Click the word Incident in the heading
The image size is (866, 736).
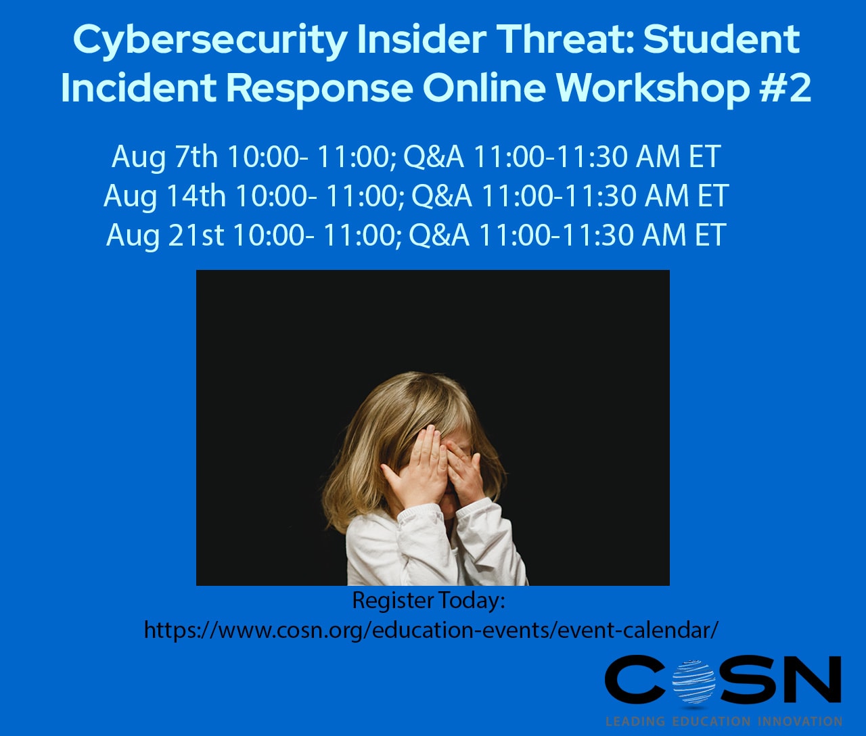tap(138, 88)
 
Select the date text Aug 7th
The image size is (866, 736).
tap(164, 157)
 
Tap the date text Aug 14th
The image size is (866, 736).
tap(164, 196)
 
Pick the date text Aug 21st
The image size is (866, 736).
tap(165, 235)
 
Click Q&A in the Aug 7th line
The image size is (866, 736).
tap(434, 157)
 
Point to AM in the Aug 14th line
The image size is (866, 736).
tap(666, 196)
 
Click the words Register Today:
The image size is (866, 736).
tap(429, 600)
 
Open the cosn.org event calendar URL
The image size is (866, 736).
tap(431, 630)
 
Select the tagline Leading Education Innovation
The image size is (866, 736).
tap(724, 721)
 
